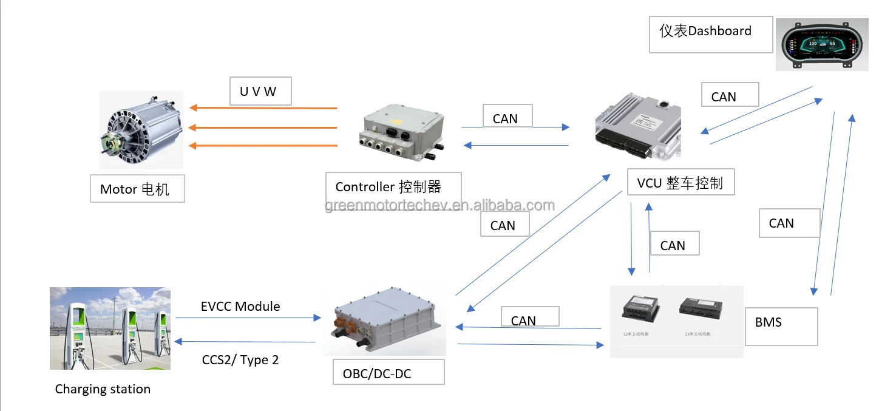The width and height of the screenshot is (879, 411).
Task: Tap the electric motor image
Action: [x=141, y=129]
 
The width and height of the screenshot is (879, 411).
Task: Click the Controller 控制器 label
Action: [x=392, y=186]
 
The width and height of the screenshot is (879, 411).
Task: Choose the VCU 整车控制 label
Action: [x=680, y=183]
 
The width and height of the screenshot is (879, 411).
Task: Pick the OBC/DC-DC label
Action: [x=389, y=372]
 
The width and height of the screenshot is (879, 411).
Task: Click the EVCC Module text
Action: [x=240, y=306]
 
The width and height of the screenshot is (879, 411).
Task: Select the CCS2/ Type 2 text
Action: [x=240, y=359]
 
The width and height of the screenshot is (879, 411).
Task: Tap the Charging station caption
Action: [x=103, y=389]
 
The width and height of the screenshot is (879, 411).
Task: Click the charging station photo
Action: [x=110, y=328]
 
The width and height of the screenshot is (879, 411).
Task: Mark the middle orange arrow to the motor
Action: [x=263, y=127]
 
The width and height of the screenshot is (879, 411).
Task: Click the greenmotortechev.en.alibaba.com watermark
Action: [x=439, y=205]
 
